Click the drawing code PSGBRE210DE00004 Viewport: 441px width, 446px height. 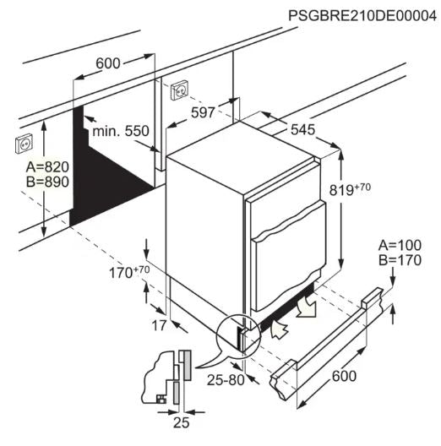coord(362,15)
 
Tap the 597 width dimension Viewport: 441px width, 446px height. coord(203,112)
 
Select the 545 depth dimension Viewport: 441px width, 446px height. coord(303,129)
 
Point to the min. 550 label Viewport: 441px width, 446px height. coord(121,131)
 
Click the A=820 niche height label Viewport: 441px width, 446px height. coord(47,167)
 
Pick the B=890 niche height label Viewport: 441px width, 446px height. coord(47,182)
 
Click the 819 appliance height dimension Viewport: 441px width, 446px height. coord(350,189)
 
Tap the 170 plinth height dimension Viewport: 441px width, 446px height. coord(129,272)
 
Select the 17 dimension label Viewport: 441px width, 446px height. coord(159,326)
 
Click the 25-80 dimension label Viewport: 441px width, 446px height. coord(226,380)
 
